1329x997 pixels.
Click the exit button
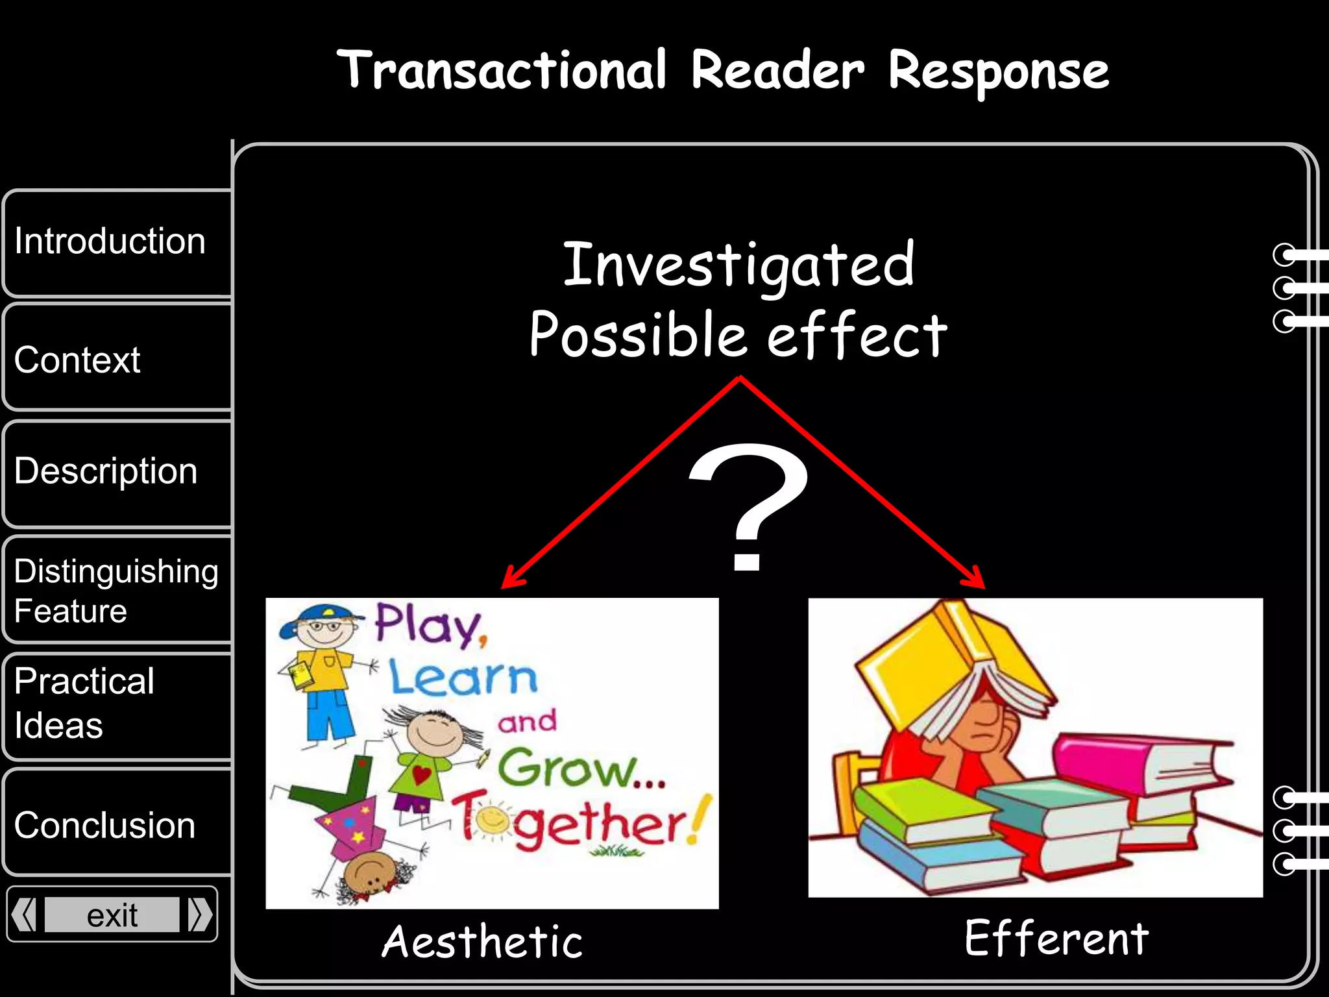112,915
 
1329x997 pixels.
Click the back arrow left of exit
25,915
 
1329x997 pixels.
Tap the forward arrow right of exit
199,915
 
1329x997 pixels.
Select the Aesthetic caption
482,942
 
